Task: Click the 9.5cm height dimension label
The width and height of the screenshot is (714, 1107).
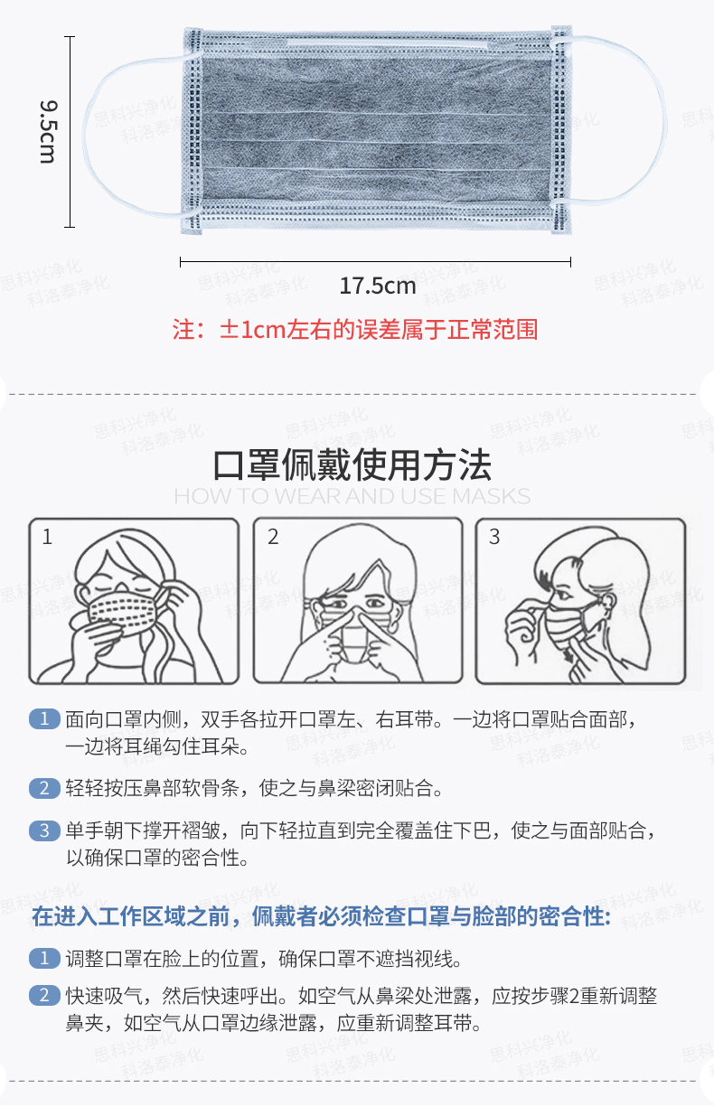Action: pos(49,132)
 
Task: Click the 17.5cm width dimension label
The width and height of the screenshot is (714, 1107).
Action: pos(378,286)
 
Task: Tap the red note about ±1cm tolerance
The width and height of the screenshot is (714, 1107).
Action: pos(355,329)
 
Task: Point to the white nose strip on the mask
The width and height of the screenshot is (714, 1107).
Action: pos(387,45)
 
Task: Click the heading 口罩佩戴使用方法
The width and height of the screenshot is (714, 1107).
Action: pos(352,465)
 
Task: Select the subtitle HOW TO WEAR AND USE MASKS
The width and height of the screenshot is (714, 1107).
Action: pos(352,496)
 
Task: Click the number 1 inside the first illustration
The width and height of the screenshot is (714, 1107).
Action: pos(47,537)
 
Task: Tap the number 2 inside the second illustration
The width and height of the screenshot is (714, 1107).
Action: pos(273,537)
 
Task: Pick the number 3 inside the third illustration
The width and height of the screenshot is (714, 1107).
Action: pos(494,537)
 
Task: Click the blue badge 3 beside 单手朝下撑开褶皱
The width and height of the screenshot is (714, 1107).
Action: pos(44,830)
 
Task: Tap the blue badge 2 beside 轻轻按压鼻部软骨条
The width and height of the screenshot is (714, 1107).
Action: pos(44,788)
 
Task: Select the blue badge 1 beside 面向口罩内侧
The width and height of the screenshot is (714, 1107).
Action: pos(44,718)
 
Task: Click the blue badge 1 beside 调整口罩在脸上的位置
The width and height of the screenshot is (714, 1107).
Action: pos(44,958)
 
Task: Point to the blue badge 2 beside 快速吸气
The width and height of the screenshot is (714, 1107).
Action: pos(44,995)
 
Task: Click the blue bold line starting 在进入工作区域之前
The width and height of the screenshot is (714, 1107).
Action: pos(322,916)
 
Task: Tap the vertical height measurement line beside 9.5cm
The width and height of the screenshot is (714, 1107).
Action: pos(70,132)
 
